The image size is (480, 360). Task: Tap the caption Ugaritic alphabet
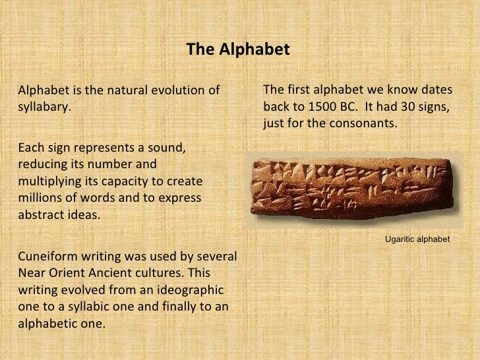(417, 240)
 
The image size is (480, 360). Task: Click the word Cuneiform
(45, 256)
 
